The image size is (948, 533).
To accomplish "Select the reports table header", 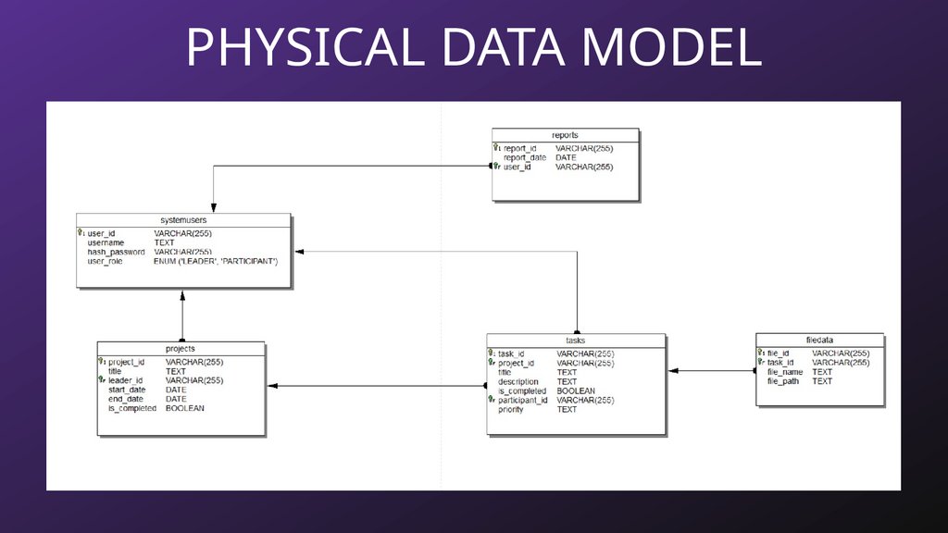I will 565,135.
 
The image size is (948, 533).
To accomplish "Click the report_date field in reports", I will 525,157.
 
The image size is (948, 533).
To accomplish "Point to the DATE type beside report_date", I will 566,157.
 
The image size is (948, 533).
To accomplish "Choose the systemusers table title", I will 183,220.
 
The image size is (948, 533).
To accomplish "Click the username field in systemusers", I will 106,242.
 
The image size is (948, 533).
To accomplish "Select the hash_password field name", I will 116,252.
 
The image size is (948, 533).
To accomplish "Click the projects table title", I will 181,349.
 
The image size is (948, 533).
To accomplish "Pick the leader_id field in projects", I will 125,380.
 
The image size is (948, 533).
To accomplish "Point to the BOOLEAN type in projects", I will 185,408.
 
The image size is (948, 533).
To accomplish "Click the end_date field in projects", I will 127,399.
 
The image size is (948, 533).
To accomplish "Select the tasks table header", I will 575,341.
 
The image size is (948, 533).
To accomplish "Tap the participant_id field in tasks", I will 523,400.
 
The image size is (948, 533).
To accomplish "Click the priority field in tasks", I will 511,409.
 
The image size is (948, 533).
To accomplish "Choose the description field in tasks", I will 518,381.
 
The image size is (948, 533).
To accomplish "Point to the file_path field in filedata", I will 783,381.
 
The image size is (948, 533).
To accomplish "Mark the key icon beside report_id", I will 496,147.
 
